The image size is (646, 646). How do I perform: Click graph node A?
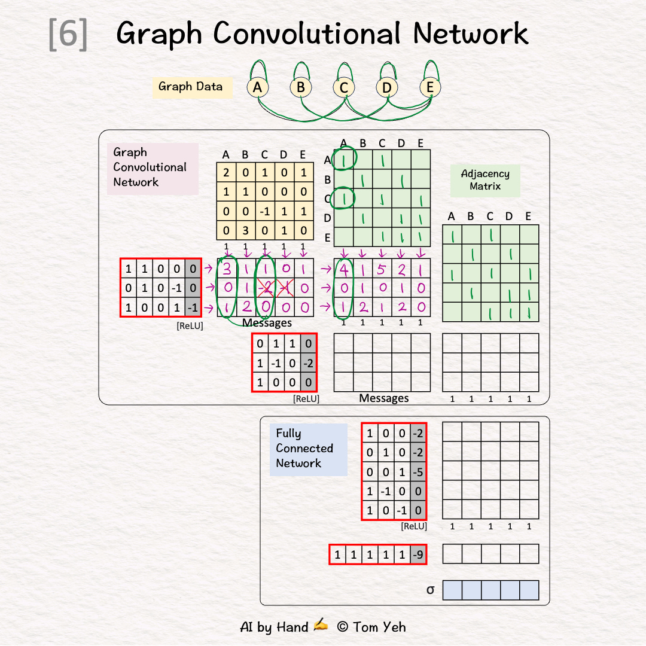(257, 88)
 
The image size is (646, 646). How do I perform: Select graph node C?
(343, 88)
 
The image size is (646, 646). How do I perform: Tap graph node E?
(429, 88)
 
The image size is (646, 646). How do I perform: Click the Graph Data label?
(190, 87)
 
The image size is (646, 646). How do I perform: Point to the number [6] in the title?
(68, 35)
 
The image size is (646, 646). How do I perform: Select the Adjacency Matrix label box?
(485, 180)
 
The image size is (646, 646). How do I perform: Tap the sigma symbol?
(430, 590)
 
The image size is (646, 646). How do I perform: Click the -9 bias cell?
(419, 554)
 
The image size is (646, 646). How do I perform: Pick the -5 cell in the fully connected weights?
(418, 472)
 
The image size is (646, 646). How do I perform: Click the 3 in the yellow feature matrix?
(245, 231)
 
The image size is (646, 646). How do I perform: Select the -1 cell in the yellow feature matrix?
(264, 212)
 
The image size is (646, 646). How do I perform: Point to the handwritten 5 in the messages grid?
(382, 270)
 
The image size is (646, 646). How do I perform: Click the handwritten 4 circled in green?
(344, 270)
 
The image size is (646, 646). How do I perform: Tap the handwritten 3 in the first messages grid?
(227, 270)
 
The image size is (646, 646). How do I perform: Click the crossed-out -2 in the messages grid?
(266, 289)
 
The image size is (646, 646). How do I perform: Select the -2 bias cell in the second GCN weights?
(308, 362)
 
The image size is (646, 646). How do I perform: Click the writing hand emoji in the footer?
(321, 626)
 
